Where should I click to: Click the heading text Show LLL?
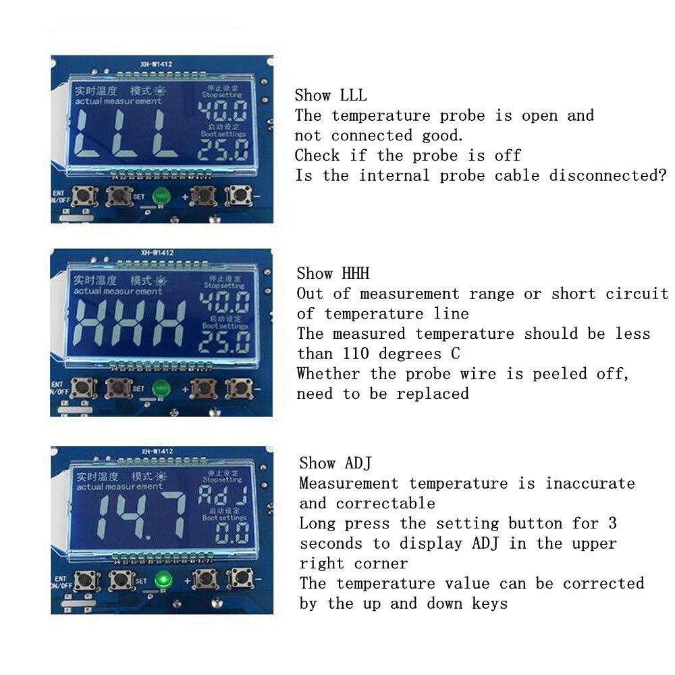[331, 95]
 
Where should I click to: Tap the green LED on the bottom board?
[161, 580]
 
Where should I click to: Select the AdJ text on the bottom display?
[223, 497]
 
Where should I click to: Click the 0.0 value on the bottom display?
[232, 534]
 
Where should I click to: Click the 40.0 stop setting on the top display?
[223, 111]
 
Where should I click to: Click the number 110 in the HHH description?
[356, 354]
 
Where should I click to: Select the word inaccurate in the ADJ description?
[590, 483]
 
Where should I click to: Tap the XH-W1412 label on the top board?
[157, 65]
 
